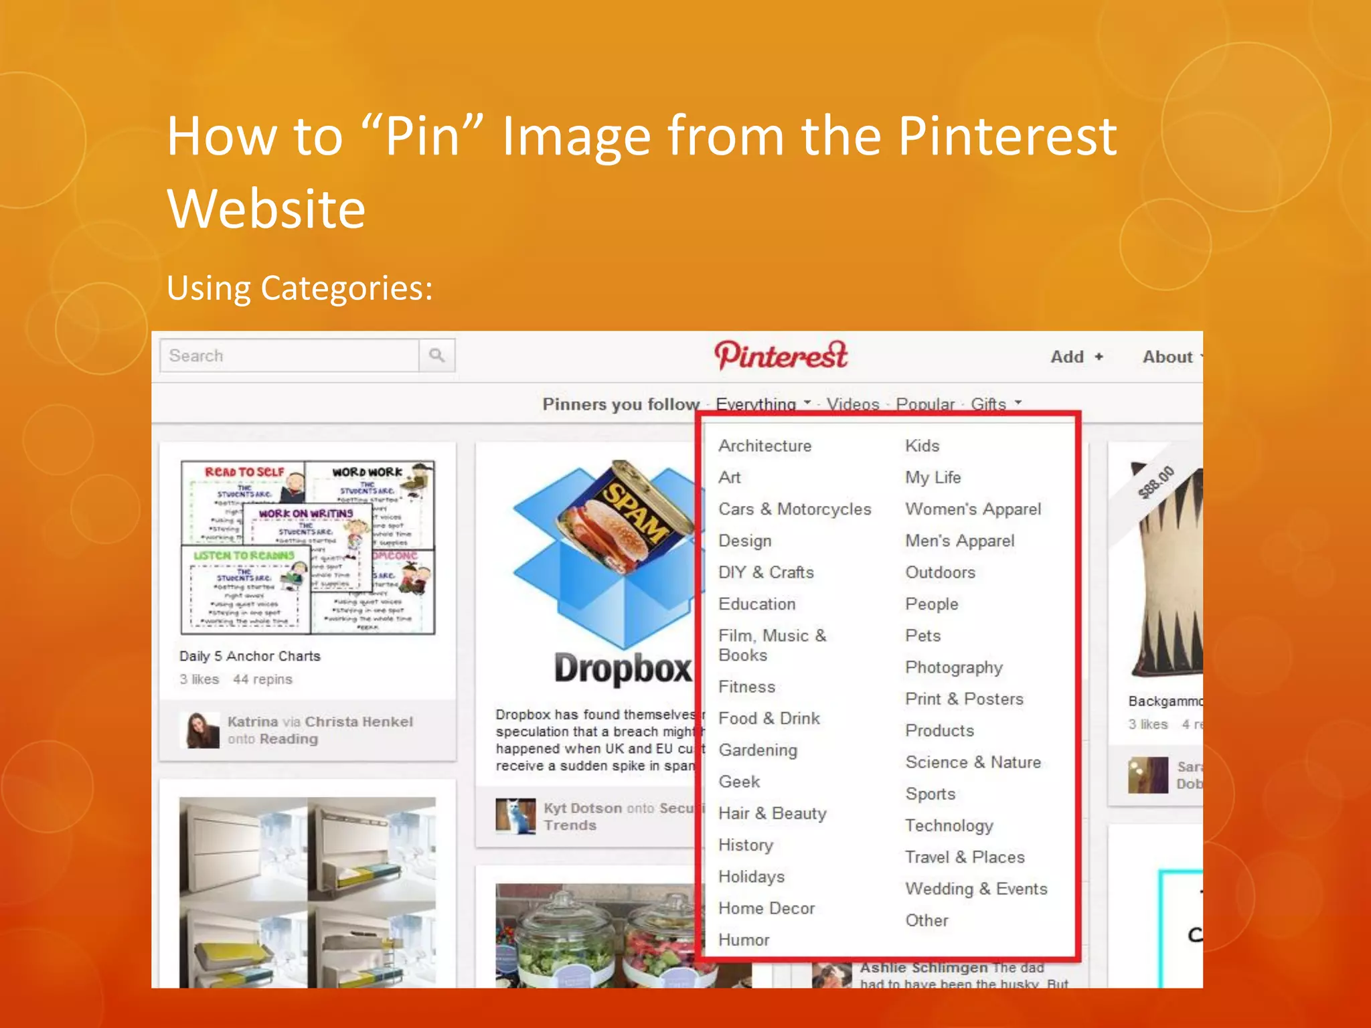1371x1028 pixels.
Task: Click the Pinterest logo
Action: pos(781,355)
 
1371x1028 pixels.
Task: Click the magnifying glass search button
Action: pos(436,355)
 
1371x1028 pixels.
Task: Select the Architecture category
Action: pos(764,446)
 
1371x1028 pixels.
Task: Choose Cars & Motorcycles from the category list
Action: pos(795,509)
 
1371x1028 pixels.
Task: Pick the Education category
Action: pos(756,604)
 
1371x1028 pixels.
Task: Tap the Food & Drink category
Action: pos(769,718)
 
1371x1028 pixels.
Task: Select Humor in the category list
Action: pos(743,940)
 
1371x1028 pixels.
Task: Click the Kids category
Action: pos(922,446)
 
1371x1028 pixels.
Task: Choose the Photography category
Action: pos(953,667)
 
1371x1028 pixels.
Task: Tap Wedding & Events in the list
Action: pos(975,889)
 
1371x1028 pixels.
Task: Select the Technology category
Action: pos(949,825)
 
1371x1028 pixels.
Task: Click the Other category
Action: pos(926,920)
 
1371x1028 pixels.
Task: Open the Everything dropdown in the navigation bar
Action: pos(762,404)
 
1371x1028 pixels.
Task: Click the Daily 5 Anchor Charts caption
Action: pos(250,656)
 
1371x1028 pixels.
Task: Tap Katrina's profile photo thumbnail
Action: pos(199,730)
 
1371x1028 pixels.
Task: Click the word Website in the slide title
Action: pos(266,209)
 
